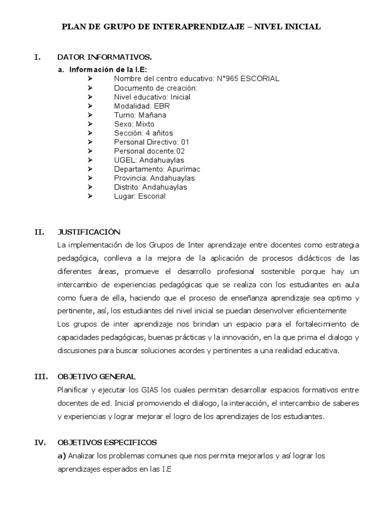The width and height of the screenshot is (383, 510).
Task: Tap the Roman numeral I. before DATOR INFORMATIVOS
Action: [x=37, y=58]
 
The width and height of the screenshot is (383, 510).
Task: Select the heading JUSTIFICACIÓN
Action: [x=89, y=232]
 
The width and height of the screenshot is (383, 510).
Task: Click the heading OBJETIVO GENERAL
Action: [x=96, y=377]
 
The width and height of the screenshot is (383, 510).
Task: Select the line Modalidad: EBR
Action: [x=140, y=106]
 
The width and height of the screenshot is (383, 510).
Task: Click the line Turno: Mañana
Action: [x=140, y=115]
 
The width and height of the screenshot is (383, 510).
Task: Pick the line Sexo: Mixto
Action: [x=134, y=124]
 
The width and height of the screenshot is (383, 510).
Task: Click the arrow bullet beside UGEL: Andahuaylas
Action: [x=90, y=160]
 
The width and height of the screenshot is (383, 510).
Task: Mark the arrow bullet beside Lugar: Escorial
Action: [x=90, y=196]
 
